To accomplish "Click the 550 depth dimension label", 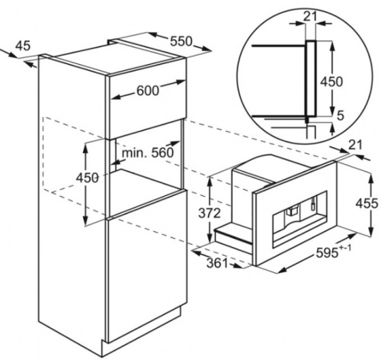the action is click(181, 41).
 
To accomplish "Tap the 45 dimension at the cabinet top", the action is click(23, 46).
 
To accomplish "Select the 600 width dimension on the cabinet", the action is click(148, 90).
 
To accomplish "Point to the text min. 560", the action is click(148, 153).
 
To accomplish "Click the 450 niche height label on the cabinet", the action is click(87, 178).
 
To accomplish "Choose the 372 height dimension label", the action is click(210, 214).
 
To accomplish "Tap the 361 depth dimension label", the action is click(217, 263).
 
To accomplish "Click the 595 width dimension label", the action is click(328, 253).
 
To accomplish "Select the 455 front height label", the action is click(367, 204).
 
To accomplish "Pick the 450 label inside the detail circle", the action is click(331, 82).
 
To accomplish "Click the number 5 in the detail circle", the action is click(341, 116).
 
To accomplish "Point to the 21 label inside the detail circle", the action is click(310, 16).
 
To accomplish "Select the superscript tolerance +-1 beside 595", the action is click(345, 247).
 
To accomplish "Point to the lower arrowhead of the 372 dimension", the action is click(210, 238).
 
